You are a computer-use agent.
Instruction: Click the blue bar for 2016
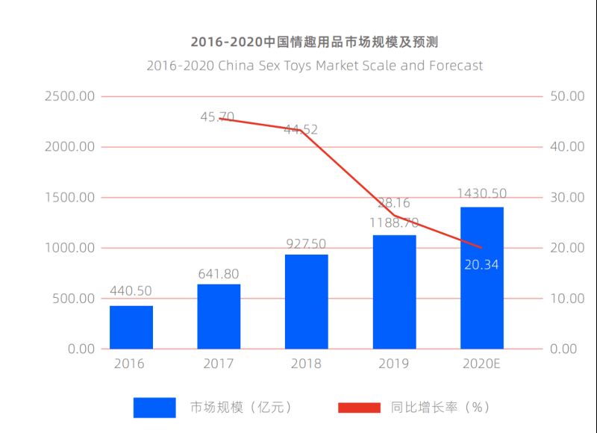(131, 327)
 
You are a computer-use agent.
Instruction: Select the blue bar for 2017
(219, 317)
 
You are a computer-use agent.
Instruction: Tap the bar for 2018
(307, 302)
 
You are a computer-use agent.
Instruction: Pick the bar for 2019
(394, 292)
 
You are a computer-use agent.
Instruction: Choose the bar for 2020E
(481, 278)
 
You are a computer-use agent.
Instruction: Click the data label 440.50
(131, 291)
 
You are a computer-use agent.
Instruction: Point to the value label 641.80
(219, 274)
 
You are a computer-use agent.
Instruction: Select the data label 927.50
(307, 243)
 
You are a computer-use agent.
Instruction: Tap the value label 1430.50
(481, 193)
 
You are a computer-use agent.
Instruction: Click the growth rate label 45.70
(217, 116)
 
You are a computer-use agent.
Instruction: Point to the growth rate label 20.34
(481, 264)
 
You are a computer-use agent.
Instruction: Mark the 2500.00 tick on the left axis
(69, 96)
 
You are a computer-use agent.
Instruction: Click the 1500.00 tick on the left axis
(69, 198)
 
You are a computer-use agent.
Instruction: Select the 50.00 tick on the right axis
(566, 96)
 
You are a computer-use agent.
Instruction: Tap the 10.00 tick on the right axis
(566, 299)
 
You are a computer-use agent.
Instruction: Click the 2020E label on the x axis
(481, 364)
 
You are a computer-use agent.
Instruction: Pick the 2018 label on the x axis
(307, 364)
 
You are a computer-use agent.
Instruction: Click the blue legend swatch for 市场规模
(154, 407)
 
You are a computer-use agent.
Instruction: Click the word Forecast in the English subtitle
(455, 66)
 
